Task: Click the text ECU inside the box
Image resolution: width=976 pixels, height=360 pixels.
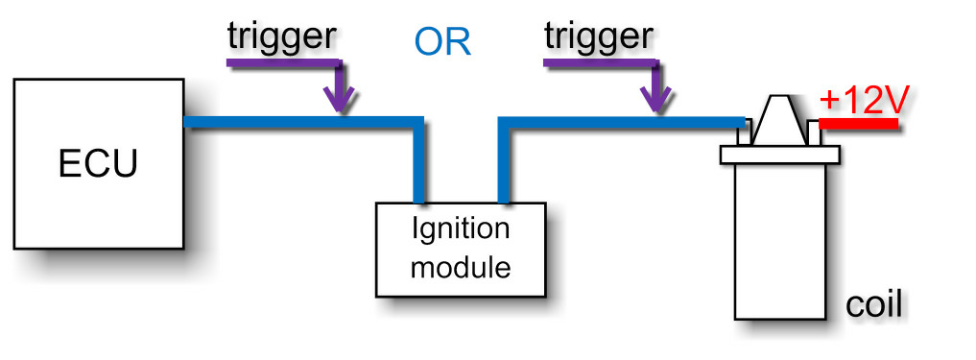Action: point(98,164)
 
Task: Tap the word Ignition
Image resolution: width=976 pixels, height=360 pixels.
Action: point(461,230)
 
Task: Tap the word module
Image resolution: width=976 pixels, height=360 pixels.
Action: point(461,266)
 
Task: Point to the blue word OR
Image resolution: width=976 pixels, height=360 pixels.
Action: point(442,42)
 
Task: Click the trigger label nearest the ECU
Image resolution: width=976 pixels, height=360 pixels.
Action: point(281,36)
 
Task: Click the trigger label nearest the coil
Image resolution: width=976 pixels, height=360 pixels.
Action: point(599,36)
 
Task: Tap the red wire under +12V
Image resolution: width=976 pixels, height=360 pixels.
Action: point(860,124)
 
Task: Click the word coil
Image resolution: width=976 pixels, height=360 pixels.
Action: point(874,306)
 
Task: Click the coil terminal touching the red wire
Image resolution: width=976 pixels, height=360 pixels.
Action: point(814,133)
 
